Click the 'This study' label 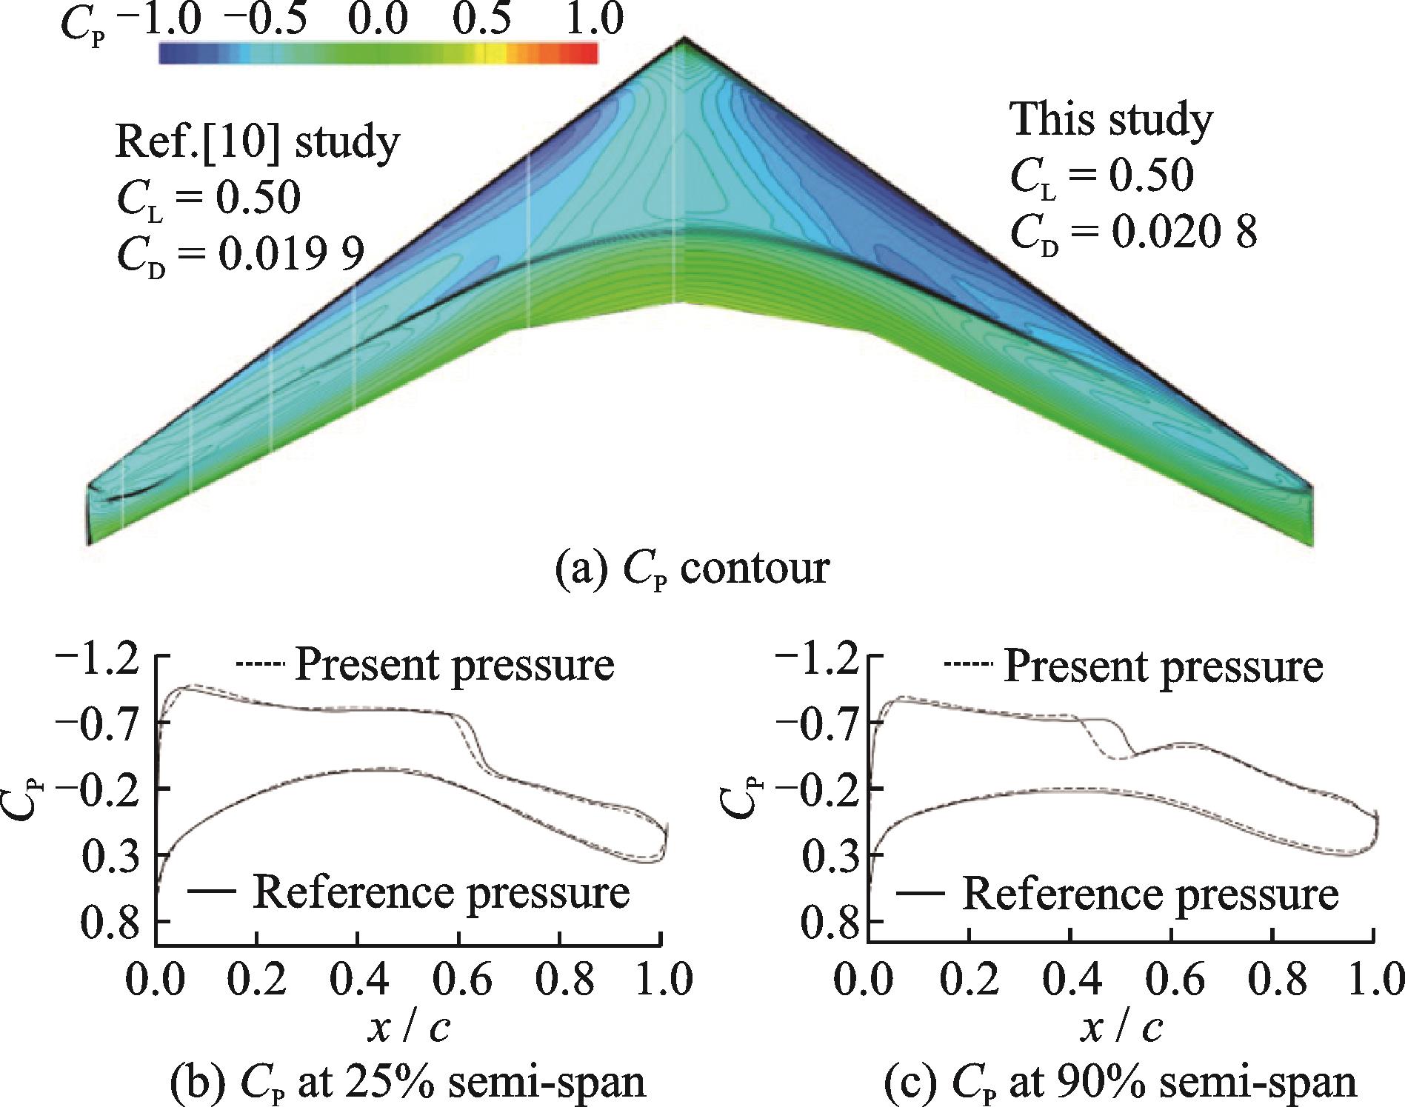(x=1112, y=118)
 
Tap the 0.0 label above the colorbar (x=377, y=19)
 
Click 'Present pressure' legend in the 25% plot (x=454, y=664)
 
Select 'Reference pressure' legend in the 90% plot (x=1149, y=893)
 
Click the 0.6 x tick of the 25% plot (x=459, y=977)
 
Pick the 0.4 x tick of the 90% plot (x=1067, y=977)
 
